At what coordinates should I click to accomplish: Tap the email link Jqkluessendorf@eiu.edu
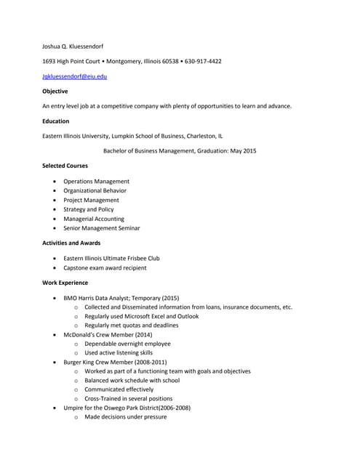coord(75,76)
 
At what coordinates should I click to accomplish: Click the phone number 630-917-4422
coord(203,61)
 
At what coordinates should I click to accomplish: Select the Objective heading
coord(55,92)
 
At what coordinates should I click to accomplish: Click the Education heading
coord(56,121)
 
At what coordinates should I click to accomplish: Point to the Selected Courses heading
coord(65,166)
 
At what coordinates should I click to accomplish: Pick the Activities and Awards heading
coord(71,243)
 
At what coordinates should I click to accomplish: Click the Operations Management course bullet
coord(96,181)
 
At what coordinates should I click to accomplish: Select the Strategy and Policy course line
coord(89,209)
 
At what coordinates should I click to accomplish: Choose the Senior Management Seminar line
coord(102,228)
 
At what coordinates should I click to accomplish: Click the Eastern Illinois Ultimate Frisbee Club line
coord(111,258)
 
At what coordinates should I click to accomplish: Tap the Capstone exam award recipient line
coord(105,267)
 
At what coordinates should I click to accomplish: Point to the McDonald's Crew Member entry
coord(108,335)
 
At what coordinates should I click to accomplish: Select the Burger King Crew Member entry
coord(115,361)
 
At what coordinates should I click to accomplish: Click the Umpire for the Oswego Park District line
coord(127,408)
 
